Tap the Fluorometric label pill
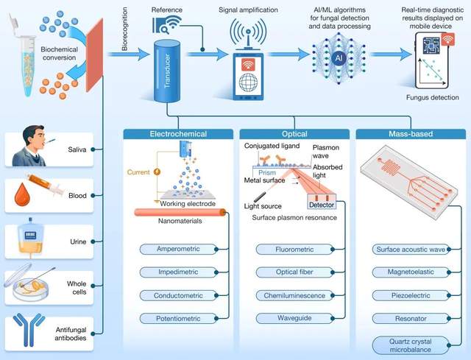pos(294,250)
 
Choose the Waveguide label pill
pos(294,318)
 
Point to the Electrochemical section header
pos(180,135)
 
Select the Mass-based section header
pos(411,135)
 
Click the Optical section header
pos(294,135)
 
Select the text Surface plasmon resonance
pos(294,217)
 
